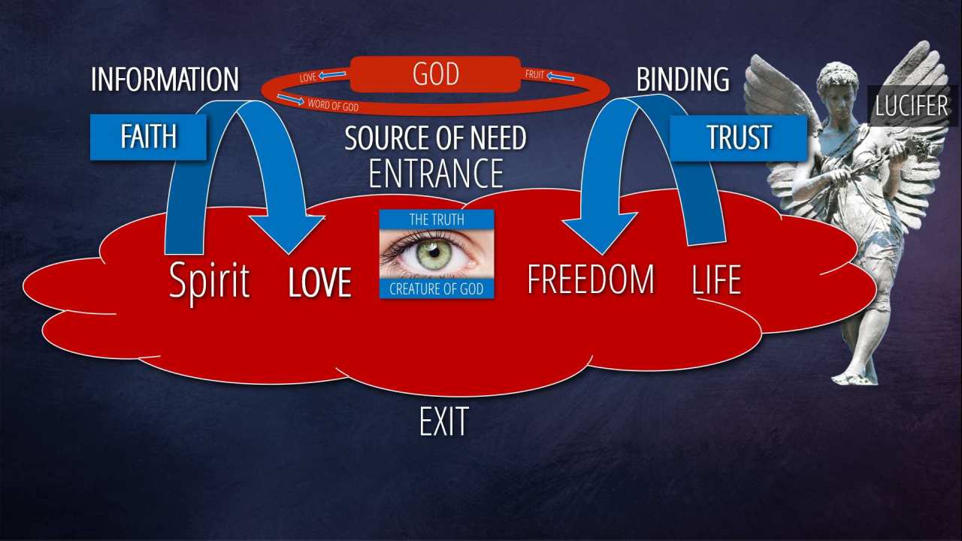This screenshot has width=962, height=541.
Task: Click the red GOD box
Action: (x=435, y=75)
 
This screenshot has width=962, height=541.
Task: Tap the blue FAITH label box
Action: (x=148, y=137)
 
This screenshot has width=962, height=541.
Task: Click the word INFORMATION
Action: (x=165, y=80)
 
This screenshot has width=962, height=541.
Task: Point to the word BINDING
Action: (x=682, y=80)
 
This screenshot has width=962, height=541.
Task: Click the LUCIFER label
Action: (x=912, y=106)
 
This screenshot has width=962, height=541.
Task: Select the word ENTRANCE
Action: (x=435, y=173)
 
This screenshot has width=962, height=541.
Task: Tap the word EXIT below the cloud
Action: (x=443, y=422)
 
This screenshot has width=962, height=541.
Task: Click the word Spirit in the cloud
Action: (x=209, y=280)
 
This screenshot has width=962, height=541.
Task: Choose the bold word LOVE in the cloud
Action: (x=320, y=283)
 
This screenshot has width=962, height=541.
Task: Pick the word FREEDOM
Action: (x=590, y=280)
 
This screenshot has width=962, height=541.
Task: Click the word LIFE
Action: (x=716, y=280)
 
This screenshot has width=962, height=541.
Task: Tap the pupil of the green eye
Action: (x=434, y=252)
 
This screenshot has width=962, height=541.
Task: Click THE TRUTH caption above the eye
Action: (x=436, y=219)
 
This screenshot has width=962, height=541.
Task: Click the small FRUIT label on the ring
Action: (x=534, y=75)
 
